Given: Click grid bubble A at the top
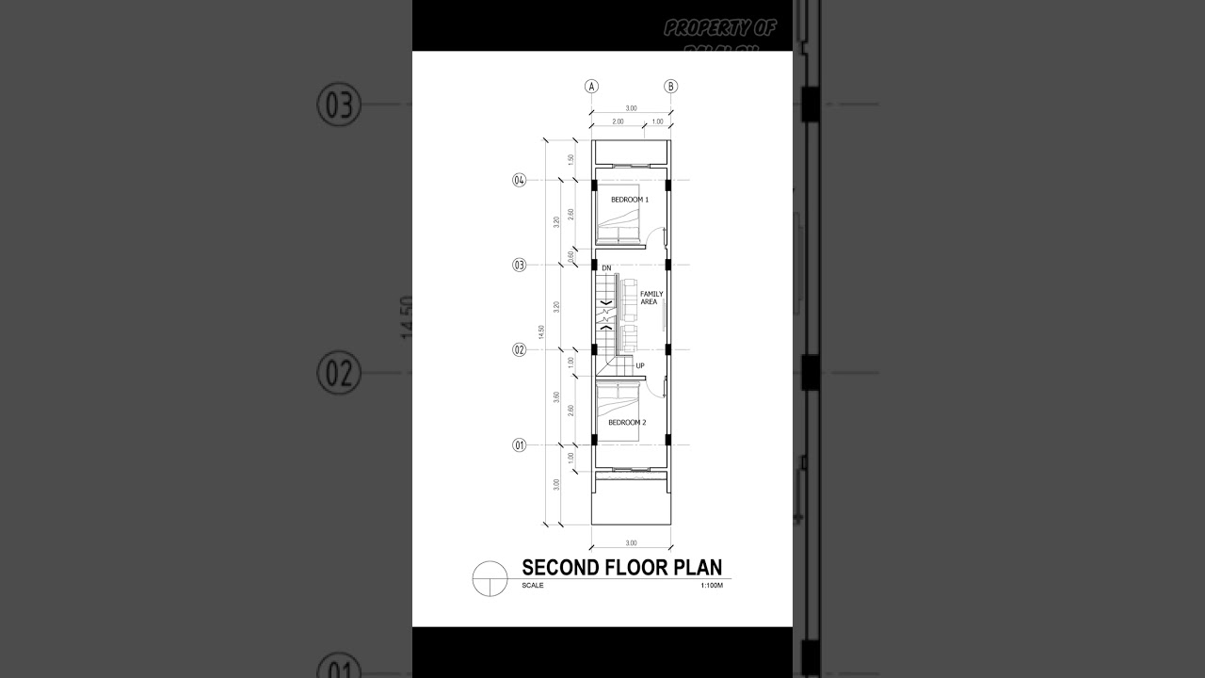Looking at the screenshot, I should point(592,86).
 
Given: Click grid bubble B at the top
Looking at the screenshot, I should point(671,86).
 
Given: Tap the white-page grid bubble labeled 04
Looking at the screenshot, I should point(519,181).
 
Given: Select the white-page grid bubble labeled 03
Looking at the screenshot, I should point(519,265).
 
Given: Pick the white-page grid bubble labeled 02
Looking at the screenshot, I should point(519,349).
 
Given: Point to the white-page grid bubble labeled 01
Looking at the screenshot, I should point(519,444).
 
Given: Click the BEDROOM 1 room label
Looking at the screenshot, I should point(630,200).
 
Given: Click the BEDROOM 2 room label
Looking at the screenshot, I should point(627,423).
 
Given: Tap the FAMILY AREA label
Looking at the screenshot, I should point(651,298).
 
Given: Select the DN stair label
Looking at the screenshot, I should point(606,268).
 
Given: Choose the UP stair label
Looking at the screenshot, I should point(640,365).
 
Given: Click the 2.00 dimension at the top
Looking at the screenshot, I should point(618,121).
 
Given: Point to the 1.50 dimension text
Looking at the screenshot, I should point(570,160).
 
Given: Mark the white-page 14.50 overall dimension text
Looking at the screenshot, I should point(541,331).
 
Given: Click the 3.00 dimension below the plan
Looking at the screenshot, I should point(631,542).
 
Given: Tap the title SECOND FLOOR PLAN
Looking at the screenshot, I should point(621,567).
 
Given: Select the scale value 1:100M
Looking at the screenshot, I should point(711,586).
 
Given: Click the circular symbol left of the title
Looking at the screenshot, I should point(489,577).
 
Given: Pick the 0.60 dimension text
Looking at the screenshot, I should point(571,255).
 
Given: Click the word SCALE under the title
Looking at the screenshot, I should point(533,586).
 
